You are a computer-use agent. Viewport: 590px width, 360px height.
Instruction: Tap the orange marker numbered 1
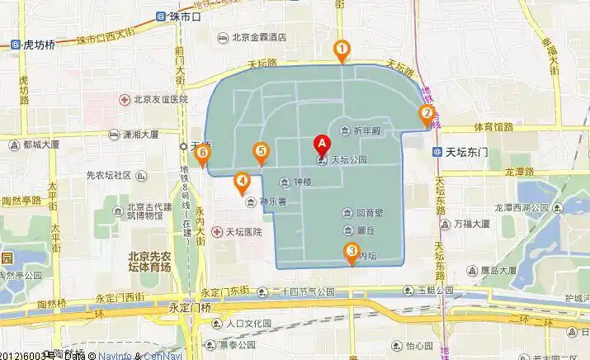click(x=341, y=51)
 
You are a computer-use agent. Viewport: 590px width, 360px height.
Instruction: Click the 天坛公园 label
click(x=347, y=159)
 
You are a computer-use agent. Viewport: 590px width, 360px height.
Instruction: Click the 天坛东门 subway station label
click(x=467, y=152)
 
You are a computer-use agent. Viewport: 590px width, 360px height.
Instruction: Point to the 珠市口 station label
click(x=185, y=16)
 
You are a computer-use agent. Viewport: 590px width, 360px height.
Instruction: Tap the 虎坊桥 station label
click(x=39, y=45)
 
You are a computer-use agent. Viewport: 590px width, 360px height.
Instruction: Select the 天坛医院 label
click(x=244, y=232)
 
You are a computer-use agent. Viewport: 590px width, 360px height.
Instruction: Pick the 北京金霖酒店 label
click(x=258, y=37)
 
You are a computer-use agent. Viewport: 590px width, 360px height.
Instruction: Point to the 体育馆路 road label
click(x=493, y=127)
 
